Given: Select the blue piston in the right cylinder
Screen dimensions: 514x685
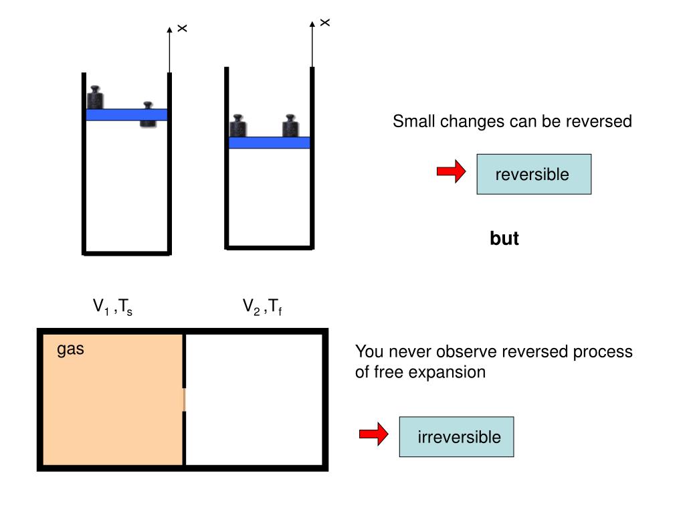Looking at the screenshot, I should pos(269,143).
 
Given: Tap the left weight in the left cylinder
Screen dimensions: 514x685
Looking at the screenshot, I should pos(95,98).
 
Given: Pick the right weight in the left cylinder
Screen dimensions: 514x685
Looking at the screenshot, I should pos(148,115).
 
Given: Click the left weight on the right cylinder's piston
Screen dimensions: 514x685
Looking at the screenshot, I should pos(237,126).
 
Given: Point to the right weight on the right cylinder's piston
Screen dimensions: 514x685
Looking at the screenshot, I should pos(290,126).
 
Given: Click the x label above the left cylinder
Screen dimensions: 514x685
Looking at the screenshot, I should pos(182,29).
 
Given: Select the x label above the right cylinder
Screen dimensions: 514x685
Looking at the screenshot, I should pos(325,23).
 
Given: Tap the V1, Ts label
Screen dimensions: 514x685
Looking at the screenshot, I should pos(112,307).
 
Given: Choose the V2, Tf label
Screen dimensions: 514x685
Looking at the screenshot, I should pos(262,307).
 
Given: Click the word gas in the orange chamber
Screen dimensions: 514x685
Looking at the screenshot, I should pos(70,349).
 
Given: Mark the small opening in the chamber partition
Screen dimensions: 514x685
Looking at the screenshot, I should pos(185,400).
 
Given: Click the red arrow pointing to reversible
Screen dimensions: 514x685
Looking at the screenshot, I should pos(451,172).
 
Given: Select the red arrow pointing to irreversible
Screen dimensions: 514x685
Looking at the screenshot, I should pos(373,435).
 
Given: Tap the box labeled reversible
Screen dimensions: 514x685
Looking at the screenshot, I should pos(533,174).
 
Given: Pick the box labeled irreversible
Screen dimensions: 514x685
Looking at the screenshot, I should pos(456,437).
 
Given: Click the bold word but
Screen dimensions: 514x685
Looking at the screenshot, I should pos(504,238).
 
